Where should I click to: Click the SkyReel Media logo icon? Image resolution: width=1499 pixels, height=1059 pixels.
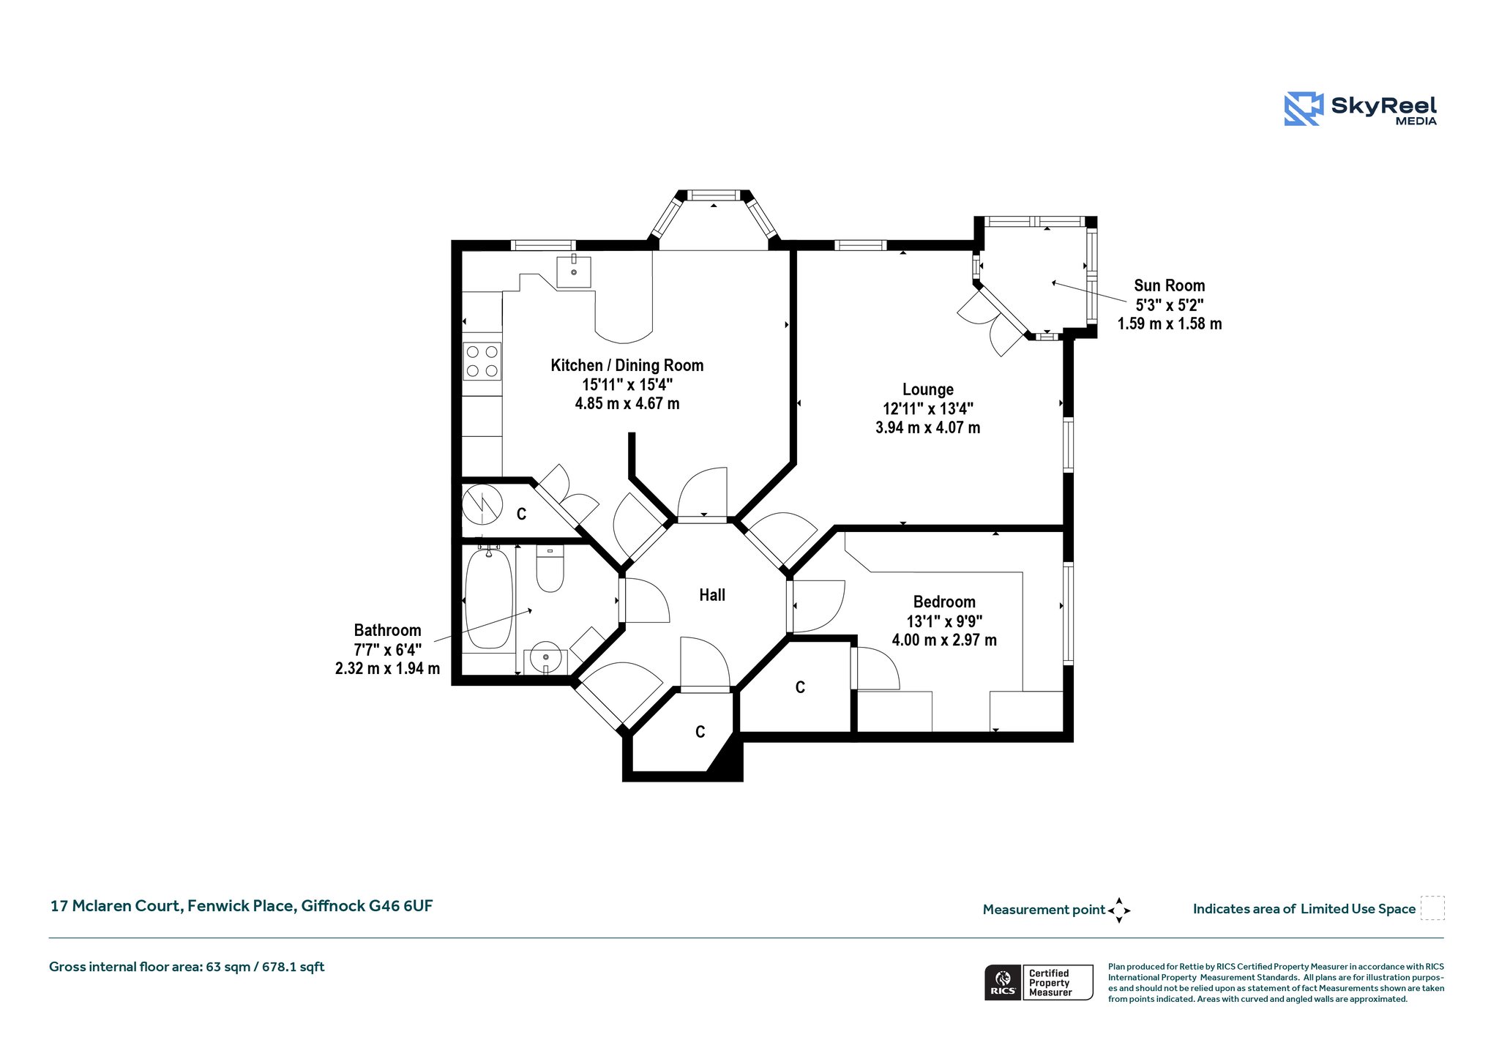(1304, 109)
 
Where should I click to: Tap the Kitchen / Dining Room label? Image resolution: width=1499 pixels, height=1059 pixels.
(627, 365)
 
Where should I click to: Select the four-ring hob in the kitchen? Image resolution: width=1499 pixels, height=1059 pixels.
(482, 361)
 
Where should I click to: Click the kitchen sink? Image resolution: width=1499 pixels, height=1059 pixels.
(574, 272)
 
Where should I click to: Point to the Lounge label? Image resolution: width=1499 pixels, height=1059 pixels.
(928, 389)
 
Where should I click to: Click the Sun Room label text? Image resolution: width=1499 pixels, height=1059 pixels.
(1170, 285)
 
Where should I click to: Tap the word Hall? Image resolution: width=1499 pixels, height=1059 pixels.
(712, 595)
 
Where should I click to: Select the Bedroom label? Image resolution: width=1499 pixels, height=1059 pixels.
(944, 602)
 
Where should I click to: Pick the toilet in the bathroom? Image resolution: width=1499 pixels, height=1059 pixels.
(550, 568)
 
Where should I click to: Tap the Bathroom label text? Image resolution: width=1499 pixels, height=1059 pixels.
(387, 630)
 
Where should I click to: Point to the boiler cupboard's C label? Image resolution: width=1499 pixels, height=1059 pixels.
(521, 514)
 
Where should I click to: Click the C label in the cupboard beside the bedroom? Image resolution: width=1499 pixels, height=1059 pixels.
(800, 687)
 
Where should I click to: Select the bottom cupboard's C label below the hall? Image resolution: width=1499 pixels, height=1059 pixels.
(700, 732)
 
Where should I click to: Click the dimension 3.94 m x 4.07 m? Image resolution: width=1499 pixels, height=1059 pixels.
(928, 427)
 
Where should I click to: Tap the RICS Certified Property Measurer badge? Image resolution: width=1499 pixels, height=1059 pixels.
(1039, 982)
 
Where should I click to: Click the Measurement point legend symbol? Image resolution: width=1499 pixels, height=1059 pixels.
(1119, 910)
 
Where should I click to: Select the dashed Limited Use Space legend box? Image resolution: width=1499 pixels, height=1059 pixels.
(1432, 908)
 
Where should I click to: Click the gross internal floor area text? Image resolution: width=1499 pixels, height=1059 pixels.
(187, 967)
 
